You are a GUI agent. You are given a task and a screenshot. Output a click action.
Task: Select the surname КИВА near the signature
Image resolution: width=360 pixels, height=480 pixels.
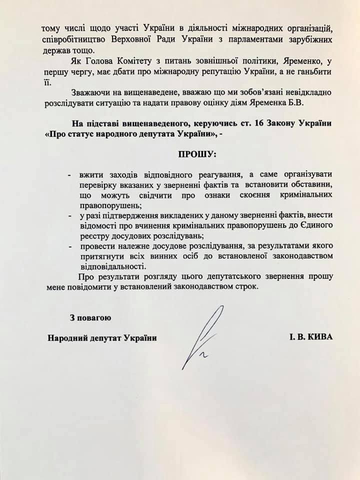319,337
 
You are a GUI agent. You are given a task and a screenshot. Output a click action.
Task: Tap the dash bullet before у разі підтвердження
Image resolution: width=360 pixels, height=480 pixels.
69,215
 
